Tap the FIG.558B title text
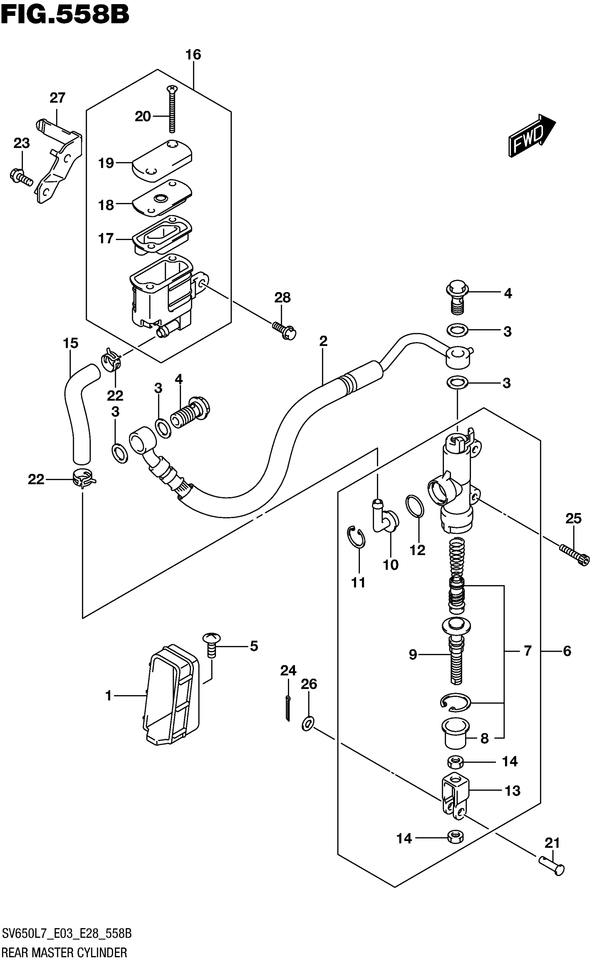coord(65,15)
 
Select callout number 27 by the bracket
coord(58,98)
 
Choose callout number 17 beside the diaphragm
coord(106,238)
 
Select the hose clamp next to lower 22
coord(83,480)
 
